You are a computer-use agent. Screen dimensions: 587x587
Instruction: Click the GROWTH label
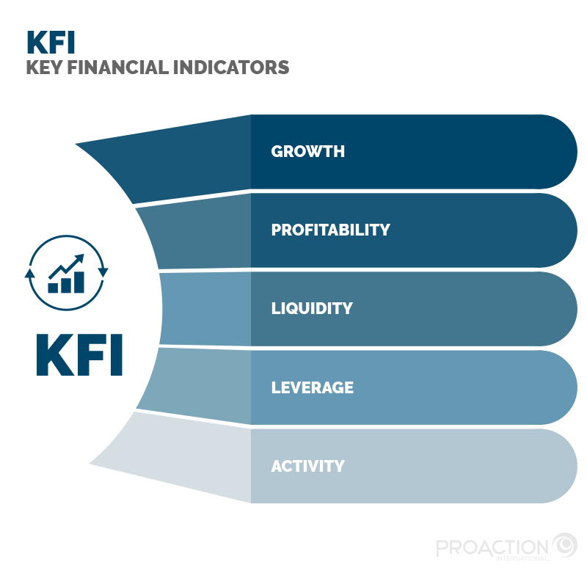[x=307, y=152]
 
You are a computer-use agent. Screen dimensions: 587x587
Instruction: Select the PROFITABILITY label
[x=330, y=230]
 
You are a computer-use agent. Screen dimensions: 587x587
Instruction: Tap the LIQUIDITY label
[x=312, y=308]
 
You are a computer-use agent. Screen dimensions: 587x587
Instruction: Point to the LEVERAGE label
[x=312, y=387]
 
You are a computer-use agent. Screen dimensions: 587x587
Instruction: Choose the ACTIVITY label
[x=307, y=466]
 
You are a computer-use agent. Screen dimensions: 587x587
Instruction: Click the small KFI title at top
[x=51, y=42]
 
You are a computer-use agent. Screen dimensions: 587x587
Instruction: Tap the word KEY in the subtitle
[x=43, y=68]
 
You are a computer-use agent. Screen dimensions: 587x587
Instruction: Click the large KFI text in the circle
[x=79, y=355]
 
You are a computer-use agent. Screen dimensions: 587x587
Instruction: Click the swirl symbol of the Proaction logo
[x=564, y=546]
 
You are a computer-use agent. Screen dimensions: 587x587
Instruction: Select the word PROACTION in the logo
[x=492, y=547]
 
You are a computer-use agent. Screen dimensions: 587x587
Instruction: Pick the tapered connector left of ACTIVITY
[x=183, y=462]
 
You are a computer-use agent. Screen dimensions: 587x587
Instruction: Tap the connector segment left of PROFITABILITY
[x=198, y=233]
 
